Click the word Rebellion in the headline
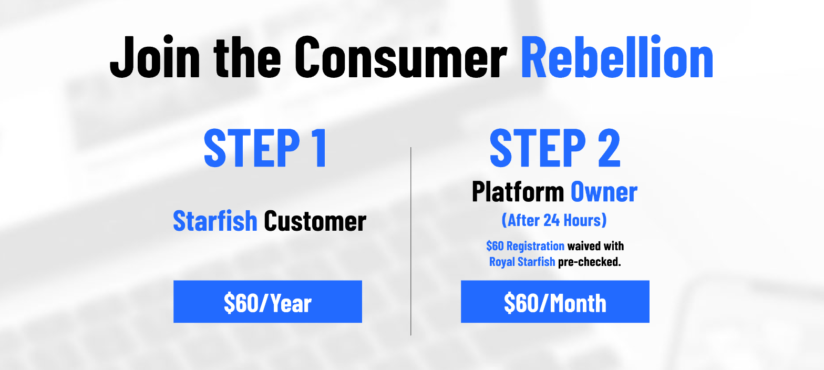[617, 57]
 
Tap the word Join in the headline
[155, 57]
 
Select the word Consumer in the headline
[401, 57]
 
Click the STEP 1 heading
[265, 148]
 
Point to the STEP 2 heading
[555, 148]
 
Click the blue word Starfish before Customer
[215, 221]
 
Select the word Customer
[315, 221]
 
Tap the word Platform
[518, 192]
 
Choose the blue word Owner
[604, 192]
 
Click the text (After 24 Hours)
[554, 220]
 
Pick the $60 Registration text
[526, 245]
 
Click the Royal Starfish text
[522, 262]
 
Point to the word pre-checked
[590, 262]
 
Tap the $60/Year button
[268, 302]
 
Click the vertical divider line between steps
[411, 241]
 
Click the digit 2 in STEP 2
[609, 148]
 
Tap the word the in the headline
[248, 57]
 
